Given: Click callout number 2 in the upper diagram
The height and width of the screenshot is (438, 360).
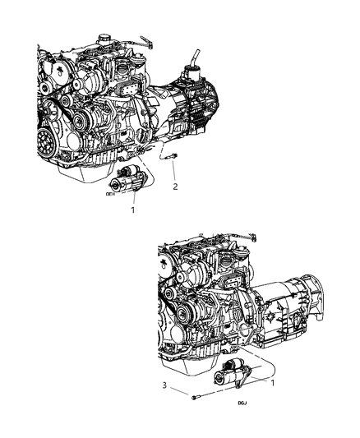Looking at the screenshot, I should tap(174, 187).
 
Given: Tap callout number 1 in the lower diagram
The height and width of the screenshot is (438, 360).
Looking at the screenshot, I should tap(274, 382).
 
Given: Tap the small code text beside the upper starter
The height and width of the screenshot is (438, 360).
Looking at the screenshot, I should tap(110, 196).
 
